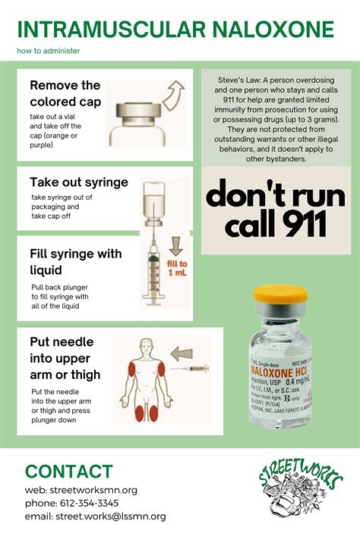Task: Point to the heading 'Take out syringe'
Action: (79, 182)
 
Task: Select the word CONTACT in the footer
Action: (68, 471)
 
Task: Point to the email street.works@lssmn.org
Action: (110, 516)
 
